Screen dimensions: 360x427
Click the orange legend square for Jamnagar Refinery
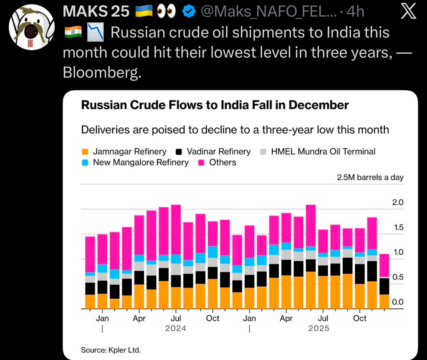(x=85, y=152)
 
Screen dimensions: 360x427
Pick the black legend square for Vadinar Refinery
(x=179, y=152)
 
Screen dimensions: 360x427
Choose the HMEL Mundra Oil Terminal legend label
(x=323, y=152)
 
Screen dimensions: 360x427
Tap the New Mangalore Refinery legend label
(x=141, y=162)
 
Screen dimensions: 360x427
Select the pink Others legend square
(x=201, y=162)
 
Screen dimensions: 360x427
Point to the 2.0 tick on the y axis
(x=398, y=203)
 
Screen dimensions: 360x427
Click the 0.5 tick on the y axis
(x=398, y=277)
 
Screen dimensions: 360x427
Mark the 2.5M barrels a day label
(x=370, y=177)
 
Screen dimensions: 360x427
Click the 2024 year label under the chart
(x=176, y=328)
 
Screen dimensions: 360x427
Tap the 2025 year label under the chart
(x=319, y=328)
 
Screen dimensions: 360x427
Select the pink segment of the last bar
(x=384, y=265)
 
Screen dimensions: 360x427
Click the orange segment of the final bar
(x=384, y=301)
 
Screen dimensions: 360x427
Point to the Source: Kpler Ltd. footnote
(x=111, y=350)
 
